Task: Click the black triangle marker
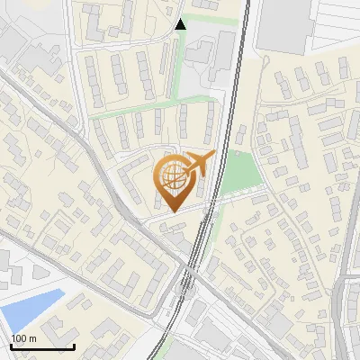tap(181, 23)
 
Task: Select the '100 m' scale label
tap(23, 338)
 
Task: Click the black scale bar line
tap(42, 346)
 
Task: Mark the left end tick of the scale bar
tap(11, 345)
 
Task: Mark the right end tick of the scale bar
tap(74, 345)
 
